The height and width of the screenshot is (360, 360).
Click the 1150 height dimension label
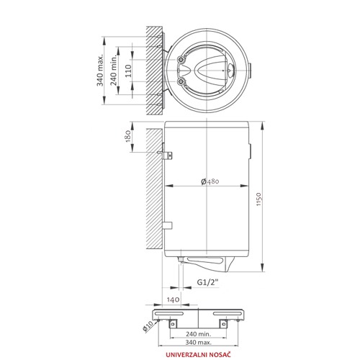(258, 199)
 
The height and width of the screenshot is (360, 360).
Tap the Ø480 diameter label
(210, 181)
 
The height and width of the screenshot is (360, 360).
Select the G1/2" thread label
(208, 282)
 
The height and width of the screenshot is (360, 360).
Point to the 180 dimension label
(128, 136)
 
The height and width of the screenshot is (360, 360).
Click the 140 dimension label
(173, 300)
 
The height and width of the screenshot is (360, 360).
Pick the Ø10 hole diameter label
(148, 326)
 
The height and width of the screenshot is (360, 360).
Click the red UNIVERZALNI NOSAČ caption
(198, 354)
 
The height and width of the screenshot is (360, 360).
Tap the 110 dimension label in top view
(128, 71)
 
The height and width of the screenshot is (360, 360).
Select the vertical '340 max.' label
(100, 71)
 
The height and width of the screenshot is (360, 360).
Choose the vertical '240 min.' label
(114, 71)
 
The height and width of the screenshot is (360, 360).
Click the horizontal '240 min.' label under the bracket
(198, 333)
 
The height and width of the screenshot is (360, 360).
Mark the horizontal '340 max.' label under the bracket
(198, 342)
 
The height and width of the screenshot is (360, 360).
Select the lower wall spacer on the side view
(167, 225)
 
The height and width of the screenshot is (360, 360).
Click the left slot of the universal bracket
(169, 313)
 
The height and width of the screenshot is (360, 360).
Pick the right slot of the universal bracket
(228, 313)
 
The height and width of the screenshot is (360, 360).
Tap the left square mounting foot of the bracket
(173, 323)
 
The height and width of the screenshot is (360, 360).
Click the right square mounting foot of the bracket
(224, 323)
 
